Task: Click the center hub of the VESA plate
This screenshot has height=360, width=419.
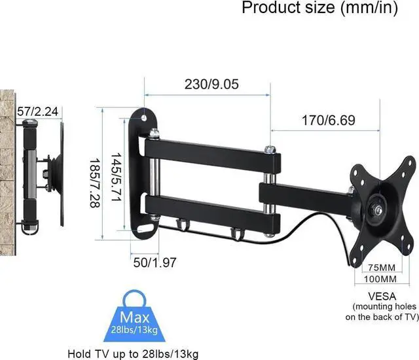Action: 379,209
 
